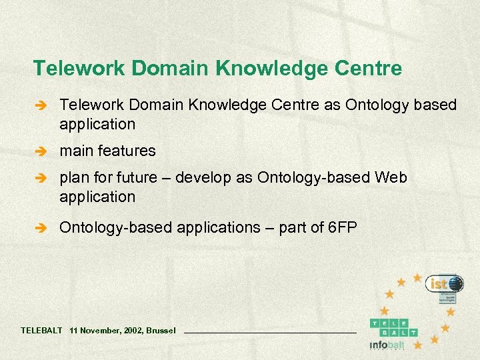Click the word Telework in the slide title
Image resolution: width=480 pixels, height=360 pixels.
pyautogui.click(x=69, y=69)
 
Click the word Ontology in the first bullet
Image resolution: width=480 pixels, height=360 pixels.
pyautogui.click(x=371, y=105)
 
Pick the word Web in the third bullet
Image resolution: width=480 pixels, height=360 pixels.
pyautogui.click(x=391, y=179)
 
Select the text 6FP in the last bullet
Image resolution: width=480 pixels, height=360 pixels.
pyautogui.click(x=343, y=228)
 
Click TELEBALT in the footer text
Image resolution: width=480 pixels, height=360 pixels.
pyautogui.click(x=41, y=331)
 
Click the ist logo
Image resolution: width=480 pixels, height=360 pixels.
pyautogui.click(x=445, y=285)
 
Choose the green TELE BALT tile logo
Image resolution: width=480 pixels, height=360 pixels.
pyautogui.click(x=393, y=327)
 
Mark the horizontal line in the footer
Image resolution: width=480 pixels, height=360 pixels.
pyautogui.click(x=270, y=332)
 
